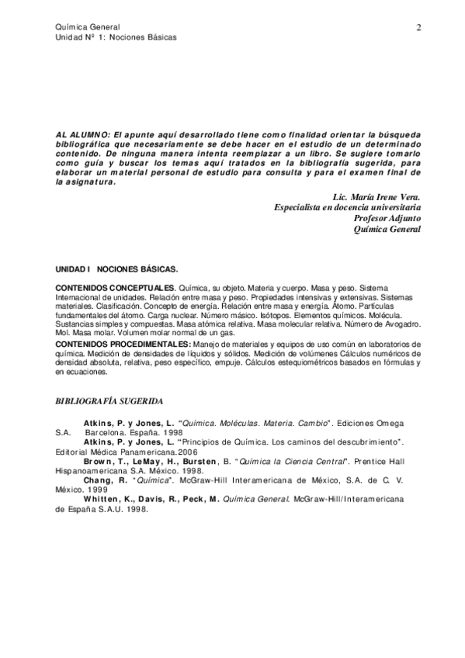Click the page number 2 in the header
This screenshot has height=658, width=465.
pyautogui.click(x=418, y=28)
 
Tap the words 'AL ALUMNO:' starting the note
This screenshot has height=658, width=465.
pyautogui.click(x=81, y=133)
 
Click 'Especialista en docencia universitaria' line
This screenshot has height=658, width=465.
pyautogui.click(x=349, y=208)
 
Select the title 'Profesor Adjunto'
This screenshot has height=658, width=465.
pyautogui.click(x=387, y=219)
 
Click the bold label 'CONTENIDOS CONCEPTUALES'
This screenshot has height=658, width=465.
pyautogui.click(x=115, y=289)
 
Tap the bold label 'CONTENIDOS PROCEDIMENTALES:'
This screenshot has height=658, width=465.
pyautogui.click(x=123, y=343)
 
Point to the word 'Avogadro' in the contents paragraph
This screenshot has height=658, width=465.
pyautogui.click(x=402, y=324)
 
